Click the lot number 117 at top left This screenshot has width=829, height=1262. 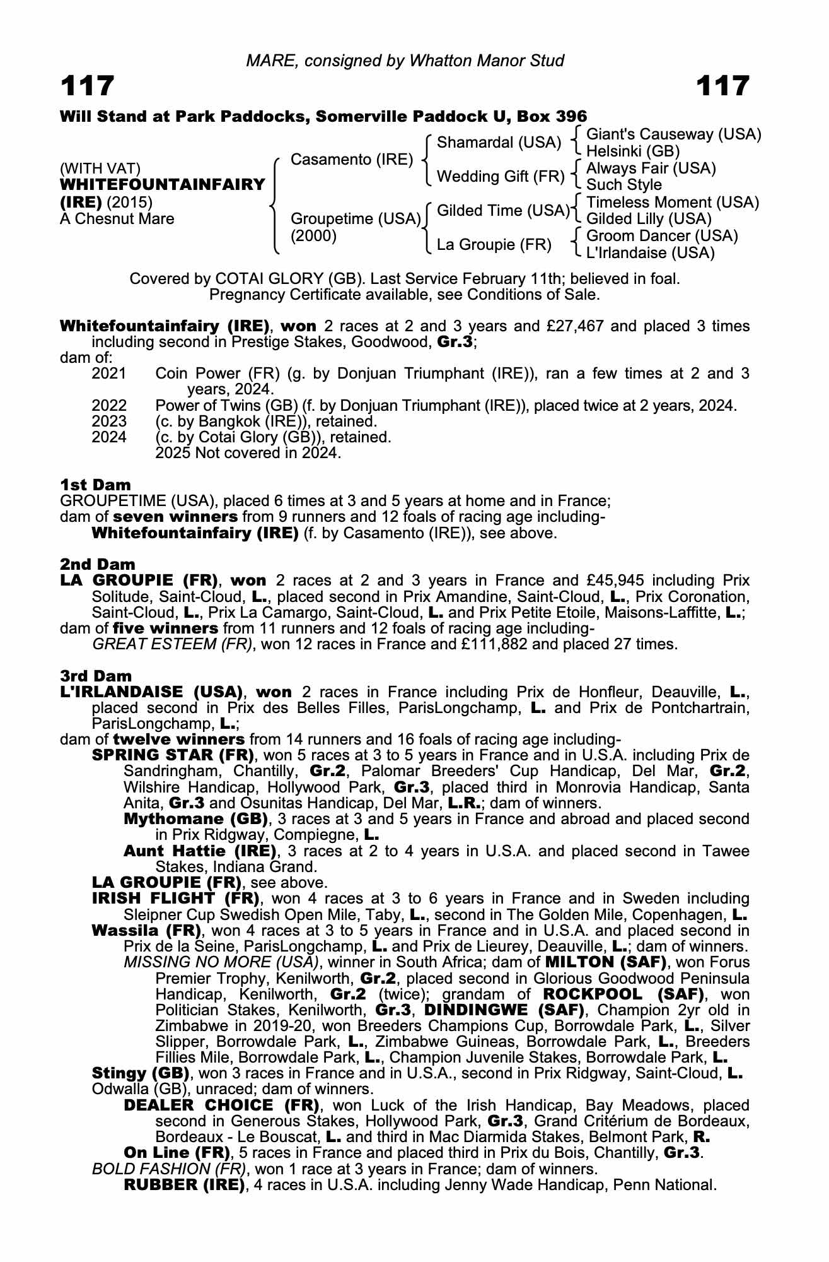point(88,86)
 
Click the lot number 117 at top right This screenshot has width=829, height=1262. point(722,86)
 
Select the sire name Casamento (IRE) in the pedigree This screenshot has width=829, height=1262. point(351,160)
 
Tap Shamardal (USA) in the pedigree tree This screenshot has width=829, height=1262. point(499,143)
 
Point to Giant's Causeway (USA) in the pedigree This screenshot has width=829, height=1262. point(673,134)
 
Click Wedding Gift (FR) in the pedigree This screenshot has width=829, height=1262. point(501,177)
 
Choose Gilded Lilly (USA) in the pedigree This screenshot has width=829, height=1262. point(649,219)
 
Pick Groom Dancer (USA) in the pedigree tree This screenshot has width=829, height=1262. point(662,236)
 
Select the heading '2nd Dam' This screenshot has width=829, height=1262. point(98,564)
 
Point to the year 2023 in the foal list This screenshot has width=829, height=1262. point(109,421)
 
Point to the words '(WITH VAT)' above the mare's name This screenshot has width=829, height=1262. point(100,168)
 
